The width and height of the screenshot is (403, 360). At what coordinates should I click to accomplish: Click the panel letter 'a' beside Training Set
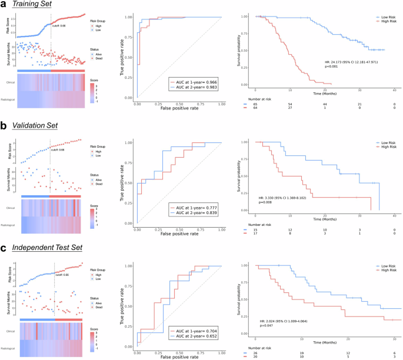[4, 5]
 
